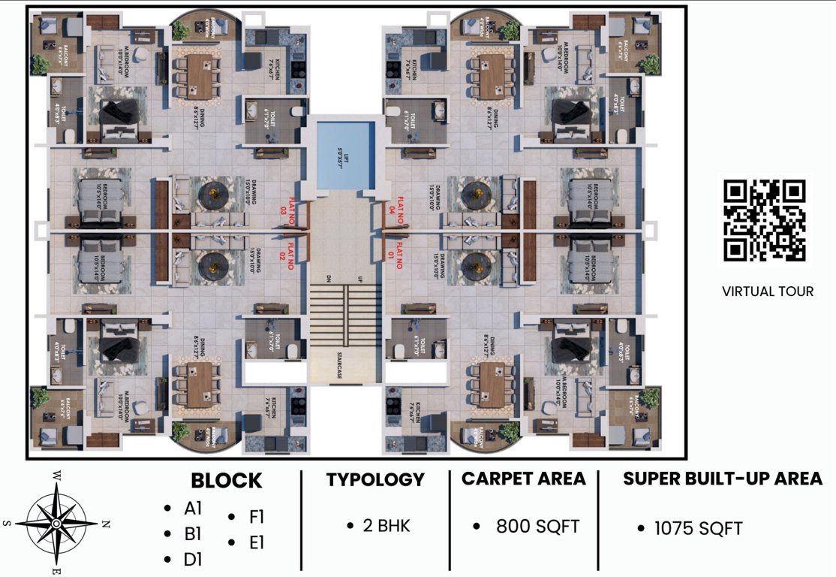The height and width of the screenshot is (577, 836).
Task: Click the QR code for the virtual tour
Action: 765,220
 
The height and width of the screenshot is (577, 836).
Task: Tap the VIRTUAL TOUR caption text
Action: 767,291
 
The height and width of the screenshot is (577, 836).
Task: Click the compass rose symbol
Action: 56,522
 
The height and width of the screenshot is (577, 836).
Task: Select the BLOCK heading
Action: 226,481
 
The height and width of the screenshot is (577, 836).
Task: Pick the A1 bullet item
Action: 194,509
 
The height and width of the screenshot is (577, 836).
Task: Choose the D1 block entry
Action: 194,560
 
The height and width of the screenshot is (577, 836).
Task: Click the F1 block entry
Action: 257,517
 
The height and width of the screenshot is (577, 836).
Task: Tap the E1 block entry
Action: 257,542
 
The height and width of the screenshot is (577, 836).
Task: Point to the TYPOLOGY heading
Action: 375,479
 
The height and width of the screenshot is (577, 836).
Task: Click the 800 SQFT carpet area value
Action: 537,527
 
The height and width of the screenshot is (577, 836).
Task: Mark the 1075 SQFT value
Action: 698,529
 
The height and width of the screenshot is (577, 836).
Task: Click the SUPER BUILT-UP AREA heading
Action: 723,479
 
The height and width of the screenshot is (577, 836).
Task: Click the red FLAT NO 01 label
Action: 395,256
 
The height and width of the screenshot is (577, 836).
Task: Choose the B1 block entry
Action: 194,534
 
